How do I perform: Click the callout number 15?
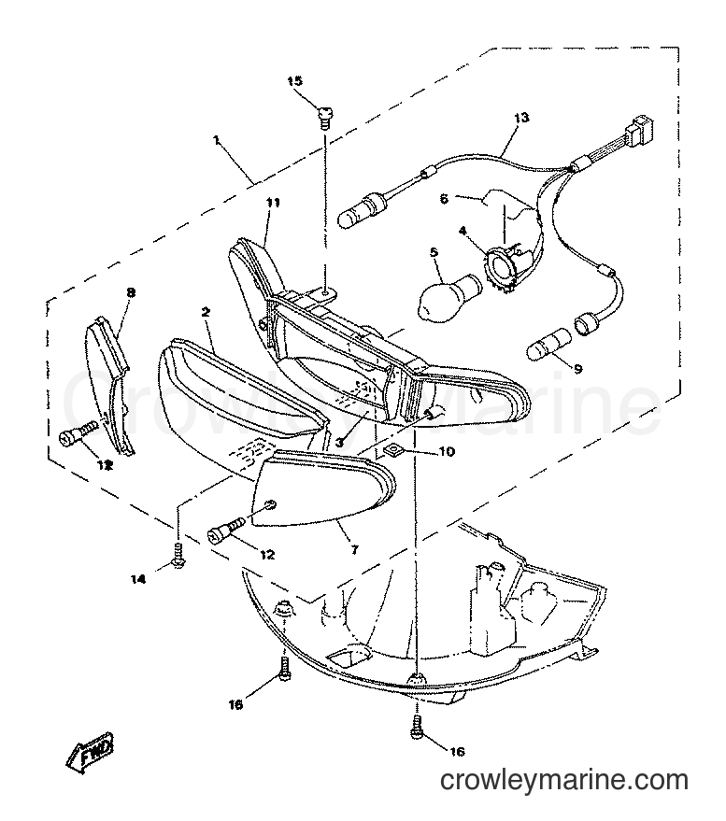pyautogui.click(x=295, y=80)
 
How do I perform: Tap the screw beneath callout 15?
pyautogui.click(x=325, y=117)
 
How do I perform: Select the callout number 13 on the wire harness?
pyautogui.click(x=521, y=118)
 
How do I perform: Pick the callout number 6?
pyautogui.click(x=444, y=199)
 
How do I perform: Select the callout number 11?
pyautogui.click(x=274, y=203)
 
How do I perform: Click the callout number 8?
pyautogui.click(x=131, y=292)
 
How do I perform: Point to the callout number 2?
pyautogui.click(x=205, y=313)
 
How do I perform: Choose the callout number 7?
pyautogui.click(x=355, y=550)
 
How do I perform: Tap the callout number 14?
pyautogui.click(x=138, y=579)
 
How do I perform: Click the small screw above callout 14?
pyautogui.click(x=178, y=556)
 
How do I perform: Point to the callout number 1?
pyautogui.click(x=216, y=140)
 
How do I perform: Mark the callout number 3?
pyautogui.click(x=339, y=443)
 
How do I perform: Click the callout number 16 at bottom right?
pyautogui.click(x=457, y=752)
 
